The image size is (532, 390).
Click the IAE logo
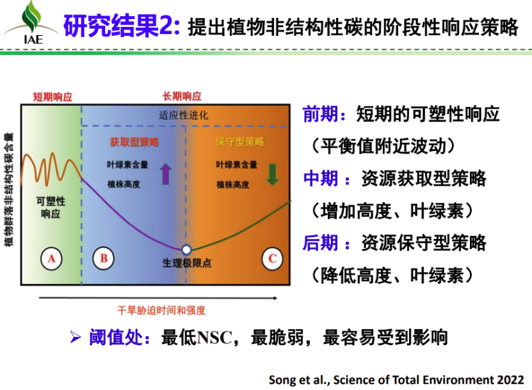click(x=31, y=23)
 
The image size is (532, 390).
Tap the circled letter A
click(x=51, y=259)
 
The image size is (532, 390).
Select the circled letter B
click(x=104, y=258)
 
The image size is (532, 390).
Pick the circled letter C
click(x=273, y=259)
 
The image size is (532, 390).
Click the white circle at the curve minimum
click(x=186, y=250)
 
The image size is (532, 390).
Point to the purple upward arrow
click(x=166, y=174)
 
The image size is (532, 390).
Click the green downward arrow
click(x=273, y=174)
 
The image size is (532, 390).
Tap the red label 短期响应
click(x=52, y=97)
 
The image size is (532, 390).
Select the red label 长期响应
click(x=182, y=97)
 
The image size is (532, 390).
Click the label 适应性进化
click(x=184, y=115)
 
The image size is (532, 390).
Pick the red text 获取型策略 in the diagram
click(x=134, y=142)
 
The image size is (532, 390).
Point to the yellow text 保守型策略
click(x=240, y=142)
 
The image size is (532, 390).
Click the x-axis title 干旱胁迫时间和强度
click(x=161, y=310)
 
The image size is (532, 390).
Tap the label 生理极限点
click(x=187, y=263)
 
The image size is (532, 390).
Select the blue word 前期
click(x=320, y=114)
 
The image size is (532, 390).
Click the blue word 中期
click(x=321, y=178)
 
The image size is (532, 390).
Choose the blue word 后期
click(x=320, y=243)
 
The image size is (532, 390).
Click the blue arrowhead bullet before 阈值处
click(x=76, y=337)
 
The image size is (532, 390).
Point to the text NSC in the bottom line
click(x=214, y=338)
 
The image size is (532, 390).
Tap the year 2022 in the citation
click(x=511, y=380)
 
